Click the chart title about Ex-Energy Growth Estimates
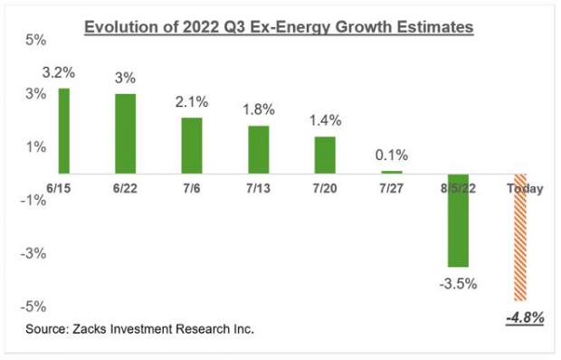pyautogui.click(x=279, y=28)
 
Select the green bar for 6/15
pyautogui.click(x=63, y=130)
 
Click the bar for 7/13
pyautogui.click(x=259, y=149)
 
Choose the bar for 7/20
pyautogui.click(x=324, y=155)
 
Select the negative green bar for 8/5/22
pyautogui.click(x=459, y=220)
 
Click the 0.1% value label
pyautogui.click(x=391, y=156)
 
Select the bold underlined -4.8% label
pyautogui.click(x=525, y=317)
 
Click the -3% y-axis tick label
pyautogui.click(x=33, y=254)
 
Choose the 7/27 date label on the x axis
pyautogui.click(x=391, y=188)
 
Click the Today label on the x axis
pyautogui.click(x=525, y=188)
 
